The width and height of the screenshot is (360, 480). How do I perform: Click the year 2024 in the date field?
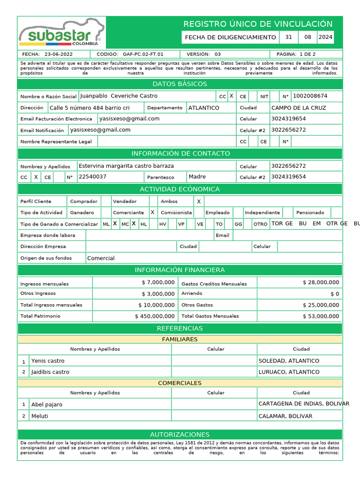pyautogui.click(x=325, y=37)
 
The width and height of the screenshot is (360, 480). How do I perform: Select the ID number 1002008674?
pyautogui.click(x=310, y=96)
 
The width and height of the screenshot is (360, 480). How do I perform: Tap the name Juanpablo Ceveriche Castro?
pyautogui.click(x=119, y=96)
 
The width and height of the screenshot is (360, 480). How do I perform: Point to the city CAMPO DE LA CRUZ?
pyautogui.click(x=299, y=108)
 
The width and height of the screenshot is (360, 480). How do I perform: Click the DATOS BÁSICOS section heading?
pyautogui.click(x=180, y=84)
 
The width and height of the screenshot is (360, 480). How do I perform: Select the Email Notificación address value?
pyautogui.click(x=100, y=130)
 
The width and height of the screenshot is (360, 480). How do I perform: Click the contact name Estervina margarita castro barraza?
pyautogui.click(x=126, y=166)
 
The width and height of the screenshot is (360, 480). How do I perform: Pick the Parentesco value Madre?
pyautogui.click(x=197, y=177)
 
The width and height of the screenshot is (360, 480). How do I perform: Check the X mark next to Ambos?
pyautogui.click(x=199, y=201)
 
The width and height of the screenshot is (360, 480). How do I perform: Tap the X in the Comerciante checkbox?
pyautogui.click(x=152, y=212)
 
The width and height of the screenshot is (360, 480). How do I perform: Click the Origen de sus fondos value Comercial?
pyautogui.click(x=101, y=258)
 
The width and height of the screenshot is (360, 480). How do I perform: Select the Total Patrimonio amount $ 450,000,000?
pyautogui.click(x=155, y=316)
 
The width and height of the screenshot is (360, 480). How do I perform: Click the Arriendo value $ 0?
pyautogui.click(x=335, y=294)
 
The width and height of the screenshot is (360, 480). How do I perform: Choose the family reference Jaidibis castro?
pyautogui.click(x=50, y=372)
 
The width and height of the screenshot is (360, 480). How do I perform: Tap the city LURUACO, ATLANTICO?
pyautogui.click(x=289, y=372)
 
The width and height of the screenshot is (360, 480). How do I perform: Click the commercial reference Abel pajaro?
pyautogui.click(x=46, y=405)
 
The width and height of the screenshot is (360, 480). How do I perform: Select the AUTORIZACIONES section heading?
pyautogui.click(x=180, y=435)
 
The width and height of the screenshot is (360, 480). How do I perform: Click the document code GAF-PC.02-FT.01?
pyautogui.click(x=143, y=54)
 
